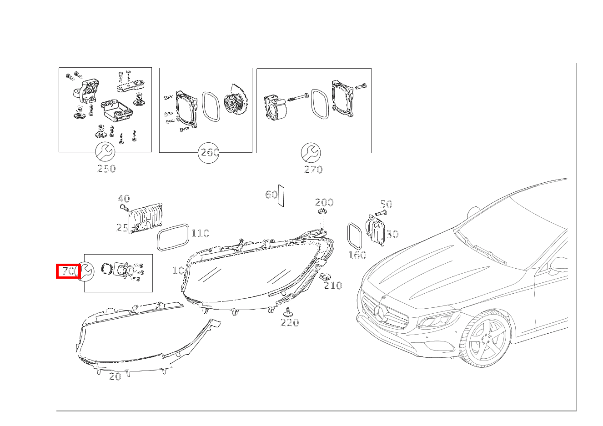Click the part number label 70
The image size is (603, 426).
tap(68, 271)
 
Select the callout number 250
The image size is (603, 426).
tap(106, 169)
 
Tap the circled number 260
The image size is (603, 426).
tap(209, 152)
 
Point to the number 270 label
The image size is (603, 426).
tap(313, 170)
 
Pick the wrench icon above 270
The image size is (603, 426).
tap(311, 152)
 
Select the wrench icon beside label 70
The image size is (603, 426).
tap(85, 272)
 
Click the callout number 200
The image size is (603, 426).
tap(324, 202)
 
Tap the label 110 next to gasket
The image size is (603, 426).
tap(200, 233)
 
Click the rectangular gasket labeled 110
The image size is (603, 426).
tap(173, 237)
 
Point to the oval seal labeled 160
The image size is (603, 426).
tap(354, 235)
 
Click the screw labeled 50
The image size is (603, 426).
tap(381, 213)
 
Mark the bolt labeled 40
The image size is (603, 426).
tap(124, 208)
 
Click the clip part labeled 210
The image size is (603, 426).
tap(326, 276)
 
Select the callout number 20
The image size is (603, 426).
tap(115, 376)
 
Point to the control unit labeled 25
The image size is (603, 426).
tap(146, 219)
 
